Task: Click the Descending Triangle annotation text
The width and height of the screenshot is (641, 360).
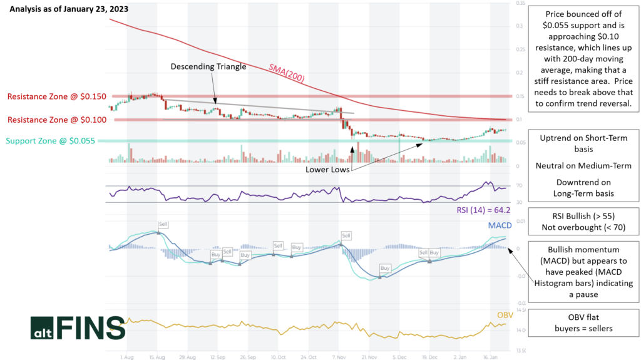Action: coord(208,66)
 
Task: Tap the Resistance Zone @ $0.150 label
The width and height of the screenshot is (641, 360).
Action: coord(57,97)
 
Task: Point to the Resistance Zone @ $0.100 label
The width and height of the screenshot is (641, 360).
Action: coord(57,119)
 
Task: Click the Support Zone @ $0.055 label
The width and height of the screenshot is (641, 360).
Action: coord(51,141)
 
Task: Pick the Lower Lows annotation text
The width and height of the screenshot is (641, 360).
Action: coord(327,169)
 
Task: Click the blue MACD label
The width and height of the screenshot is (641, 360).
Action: coord(500,225)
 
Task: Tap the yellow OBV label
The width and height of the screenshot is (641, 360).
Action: coord(505,315)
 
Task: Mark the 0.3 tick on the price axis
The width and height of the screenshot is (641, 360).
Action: coord(520,26)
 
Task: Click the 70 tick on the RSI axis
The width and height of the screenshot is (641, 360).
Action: coord(519,186)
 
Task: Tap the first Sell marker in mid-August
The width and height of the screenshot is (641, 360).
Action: coord(163,224)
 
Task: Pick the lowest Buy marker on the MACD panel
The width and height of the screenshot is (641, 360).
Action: coord(385,268)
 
